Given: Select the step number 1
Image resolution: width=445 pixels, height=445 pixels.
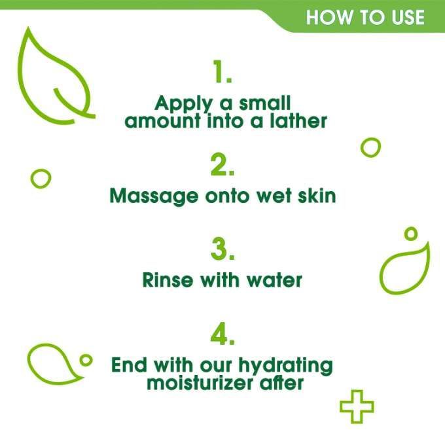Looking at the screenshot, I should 222,73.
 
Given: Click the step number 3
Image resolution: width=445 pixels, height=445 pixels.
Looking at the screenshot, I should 222,251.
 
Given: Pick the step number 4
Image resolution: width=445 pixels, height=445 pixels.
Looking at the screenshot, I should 222,335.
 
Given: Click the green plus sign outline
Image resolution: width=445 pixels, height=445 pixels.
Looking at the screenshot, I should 357,406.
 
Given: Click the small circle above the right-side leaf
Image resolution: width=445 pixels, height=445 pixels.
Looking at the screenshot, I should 411,233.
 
